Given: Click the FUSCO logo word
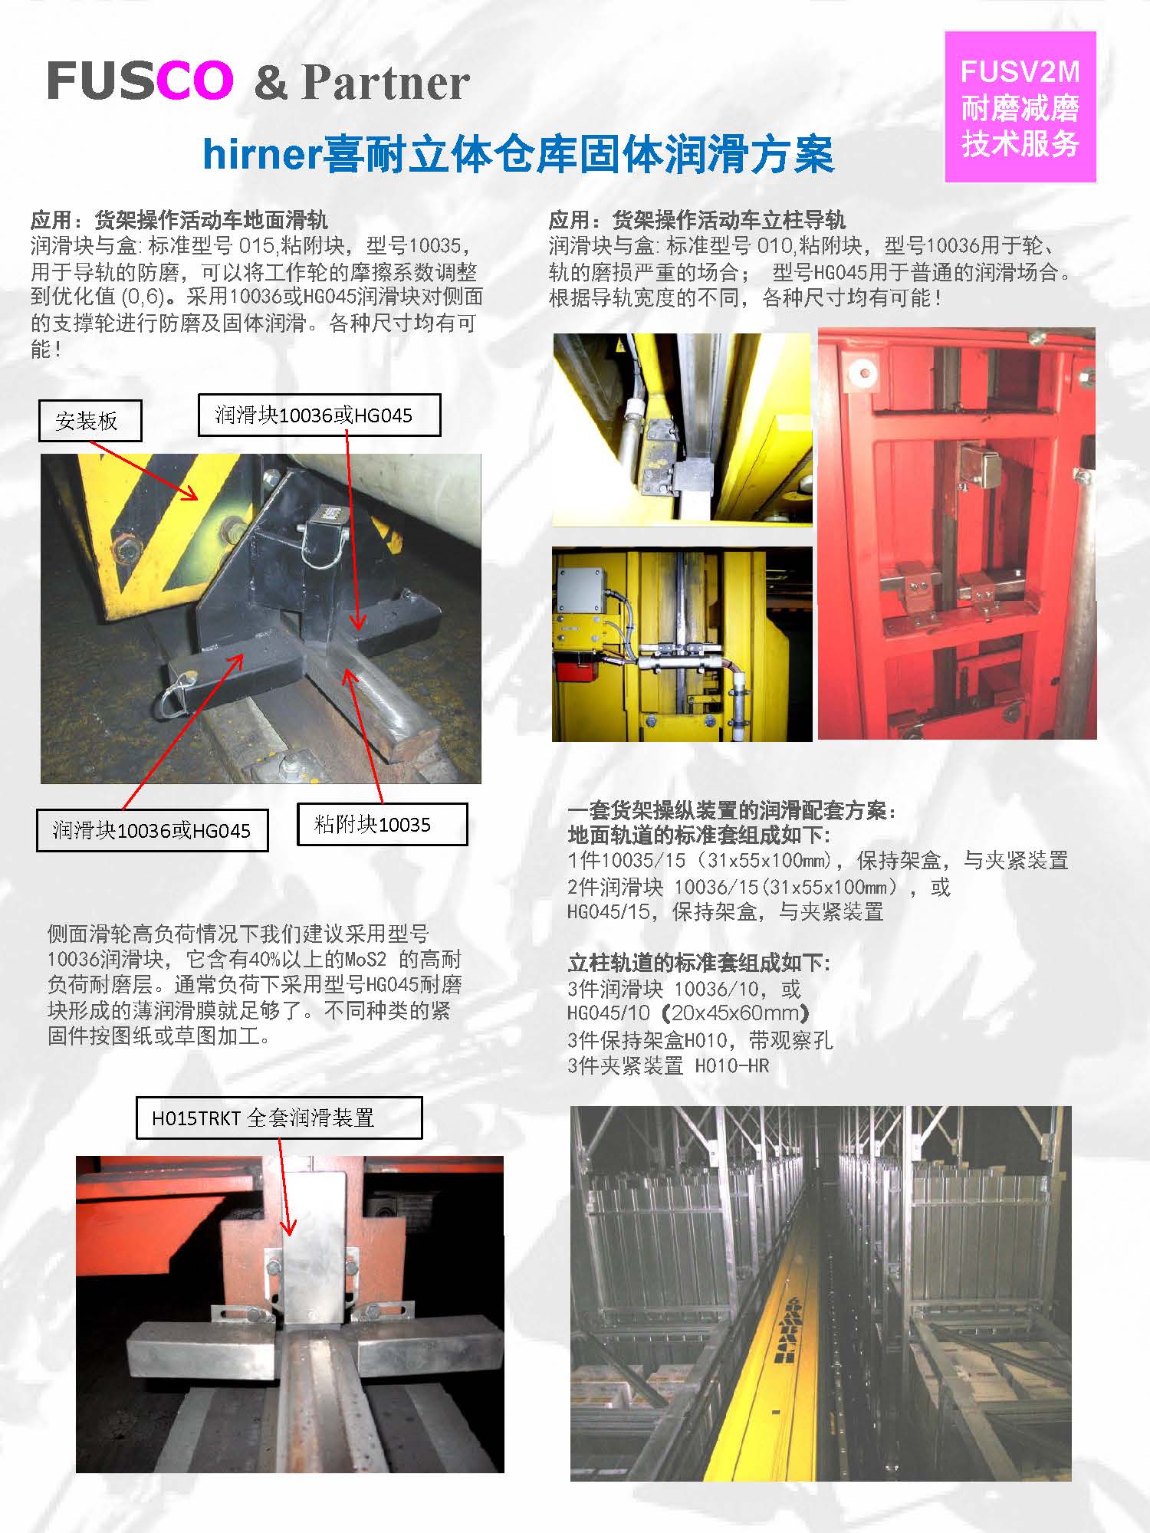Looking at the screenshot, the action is pyautogui.click(x=140, y=80).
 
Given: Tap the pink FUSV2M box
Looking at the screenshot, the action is pyautogui.click(x=1020, y=107).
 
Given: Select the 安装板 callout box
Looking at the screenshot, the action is pyautogui.click(x=90, y=421).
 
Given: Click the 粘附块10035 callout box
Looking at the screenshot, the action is pyautogui.click(x=382, y=824).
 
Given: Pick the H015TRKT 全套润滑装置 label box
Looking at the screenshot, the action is pyautogui.click(x=279, y=1118).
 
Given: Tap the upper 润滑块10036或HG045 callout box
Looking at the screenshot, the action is pyautogui.click(x=319, y=415).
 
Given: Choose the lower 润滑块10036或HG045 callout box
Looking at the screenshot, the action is pyautogui.click(x=152, y=830).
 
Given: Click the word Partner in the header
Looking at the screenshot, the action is pyautogui.click(x=386, y=82).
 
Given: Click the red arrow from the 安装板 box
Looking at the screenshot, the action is pyautogui.click(x=146, y=471).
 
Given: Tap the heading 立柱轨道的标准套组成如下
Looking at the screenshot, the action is pyautogui.click(x=699, y=962).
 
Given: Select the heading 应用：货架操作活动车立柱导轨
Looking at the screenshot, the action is pyautogui.click(x=697, y=221).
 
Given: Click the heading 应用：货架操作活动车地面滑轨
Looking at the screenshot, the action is pyautogui.click(x=179, y=221).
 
